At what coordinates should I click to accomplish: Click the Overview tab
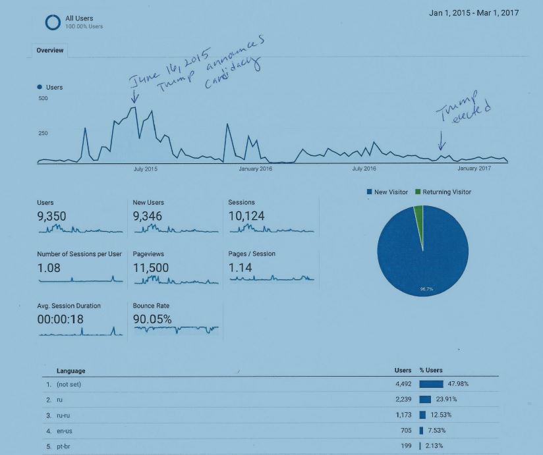pyautogui.click(x=49, y=51)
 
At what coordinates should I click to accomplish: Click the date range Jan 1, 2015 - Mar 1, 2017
pyautogui.click(x=474, y=14)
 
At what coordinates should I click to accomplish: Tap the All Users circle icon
pyautogui.click(x=53, y=22)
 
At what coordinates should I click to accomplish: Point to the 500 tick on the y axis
pyautogui.click(x=43, y=99)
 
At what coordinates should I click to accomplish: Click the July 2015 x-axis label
pyautogui.click(x=146, y=169)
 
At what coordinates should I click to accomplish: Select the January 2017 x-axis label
pyautogui.click(x=474, y=169)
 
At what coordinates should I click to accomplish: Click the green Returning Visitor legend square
pyautogui.click(x=418, y=192)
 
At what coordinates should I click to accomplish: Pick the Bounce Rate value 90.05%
pyautogui.click(x=152, y=319)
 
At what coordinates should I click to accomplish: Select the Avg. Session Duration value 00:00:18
pyautogui.click(x=60, y=319)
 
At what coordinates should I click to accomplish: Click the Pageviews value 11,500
pyautogui.click(x=151, y=267)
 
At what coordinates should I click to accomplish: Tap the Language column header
pyautogui.click(x=71, y=371)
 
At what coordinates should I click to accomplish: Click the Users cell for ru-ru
pyautogui.click(x=403, y=415)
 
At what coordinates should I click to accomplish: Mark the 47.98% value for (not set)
pyautogui.click(x=458, y=384)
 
